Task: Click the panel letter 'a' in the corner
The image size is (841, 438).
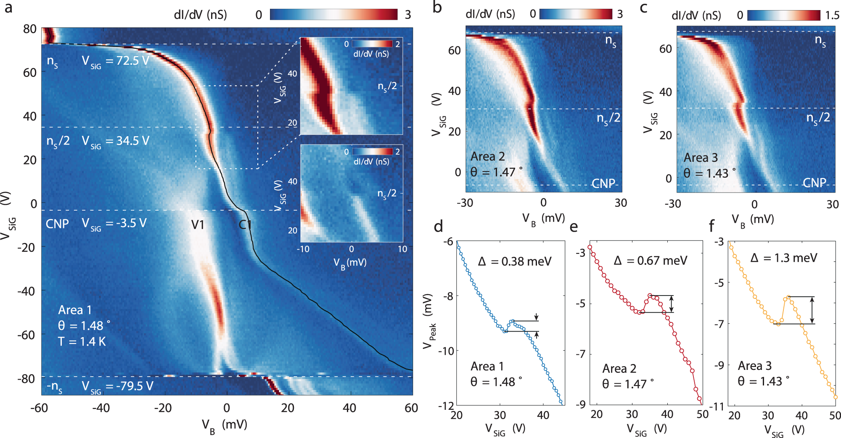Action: pos(8,8)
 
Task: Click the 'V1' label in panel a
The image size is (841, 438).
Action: pos(198,225)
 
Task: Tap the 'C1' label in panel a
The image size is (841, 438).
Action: pos(245,225)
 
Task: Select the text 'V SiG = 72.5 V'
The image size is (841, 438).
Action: pos(115,61)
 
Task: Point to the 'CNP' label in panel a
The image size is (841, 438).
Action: pos(57,224)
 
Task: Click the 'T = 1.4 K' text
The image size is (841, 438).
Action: pos(82,342)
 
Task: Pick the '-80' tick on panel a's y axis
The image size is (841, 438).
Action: pos(26,379)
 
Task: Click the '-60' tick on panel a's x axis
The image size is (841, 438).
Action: pos(39,408)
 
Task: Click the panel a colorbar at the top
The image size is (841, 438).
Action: pos(333,15)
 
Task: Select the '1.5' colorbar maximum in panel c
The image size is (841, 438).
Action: pos(832,16)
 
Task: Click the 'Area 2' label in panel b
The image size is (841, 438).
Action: pos(487,157)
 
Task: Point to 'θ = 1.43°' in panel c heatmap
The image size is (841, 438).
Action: pos(710,173)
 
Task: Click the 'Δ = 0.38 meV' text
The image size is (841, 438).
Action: pos(514,262)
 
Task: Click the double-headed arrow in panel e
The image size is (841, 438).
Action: pos(672,304)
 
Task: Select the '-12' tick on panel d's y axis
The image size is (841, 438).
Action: pos(446,406)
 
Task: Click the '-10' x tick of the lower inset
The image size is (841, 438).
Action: pos(303,249)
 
